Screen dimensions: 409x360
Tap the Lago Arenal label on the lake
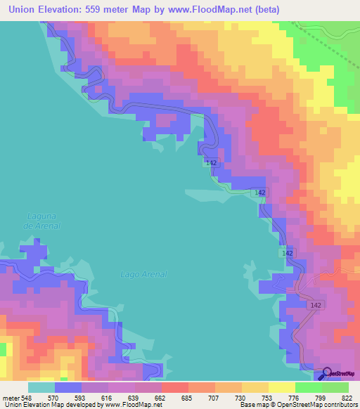(x=143, y=274)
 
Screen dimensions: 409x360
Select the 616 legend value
(x=108, y=398)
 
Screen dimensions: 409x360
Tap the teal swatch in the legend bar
(x=41, y=387)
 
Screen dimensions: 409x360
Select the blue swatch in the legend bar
(x=68, y=387)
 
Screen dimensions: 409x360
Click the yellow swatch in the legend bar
(x=281, y=387)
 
